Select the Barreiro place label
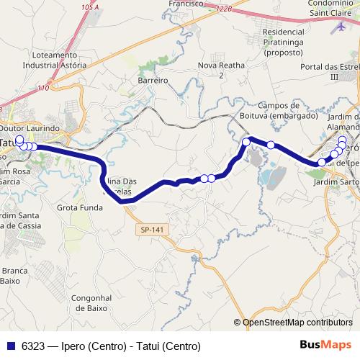tap(153, 81)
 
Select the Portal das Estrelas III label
tap(331, 71)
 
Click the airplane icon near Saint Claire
tap(340, 27)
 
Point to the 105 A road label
tap(90, 6)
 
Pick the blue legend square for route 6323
tap(10, 346)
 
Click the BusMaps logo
tap(325, 346)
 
